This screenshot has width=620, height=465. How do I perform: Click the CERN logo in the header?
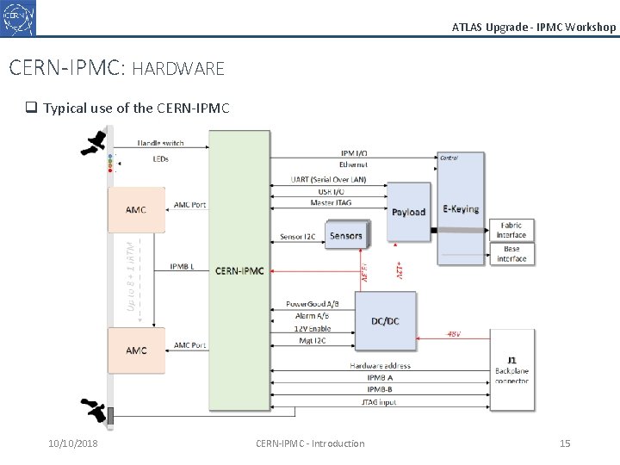tap(19, 17)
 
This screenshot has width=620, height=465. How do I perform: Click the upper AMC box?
tap(136, 210)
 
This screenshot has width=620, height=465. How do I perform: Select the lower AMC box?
tap(136, 350)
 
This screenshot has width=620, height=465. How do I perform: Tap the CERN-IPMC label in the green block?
tap(239, 271)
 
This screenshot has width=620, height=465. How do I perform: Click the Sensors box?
tap(346, 235)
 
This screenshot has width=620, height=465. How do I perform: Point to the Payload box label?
tap(408, 212)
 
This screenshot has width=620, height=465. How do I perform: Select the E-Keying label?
tap(461, 209)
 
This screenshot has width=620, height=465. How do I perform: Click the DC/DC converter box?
tap(385, 321)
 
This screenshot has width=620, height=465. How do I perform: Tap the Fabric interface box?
tap(512, 230)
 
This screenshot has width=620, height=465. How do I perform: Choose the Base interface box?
tap(512, 254)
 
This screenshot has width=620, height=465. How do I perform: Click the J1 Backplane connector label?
tap(512, 370)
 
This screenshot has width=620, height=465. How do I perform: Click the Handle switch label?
tap(161, 143)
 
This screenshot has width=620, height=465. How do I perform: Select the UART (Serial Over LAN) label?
tap(328, 179)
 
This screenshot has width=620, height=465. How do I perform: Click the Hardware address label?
tap(380, 365)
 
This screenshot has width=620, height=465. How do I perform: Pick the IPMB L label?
tap(182, 267)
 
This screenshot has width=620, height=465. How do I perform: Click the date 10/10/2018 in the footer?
tap(73, 443)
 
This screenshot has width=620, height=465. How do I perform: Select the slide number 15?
tap(565, 443)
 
